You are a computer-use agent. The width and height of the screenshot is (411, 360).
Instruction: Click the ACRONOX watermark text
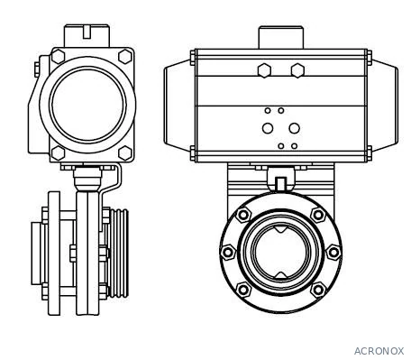pyautogui.click(x=379, y=351)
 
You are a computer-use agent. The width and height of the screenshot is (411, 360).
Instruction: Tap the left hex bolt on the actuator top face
pyautogui.click(x=264, y=70)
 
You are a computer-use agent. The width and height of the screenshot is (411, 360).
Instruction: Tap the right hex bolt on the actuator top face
pyautogui.click(x=297, y=70)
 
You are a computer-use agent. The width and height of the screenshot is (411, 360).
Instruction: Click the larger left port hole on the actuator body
pyautogui.click(x=268, y=128)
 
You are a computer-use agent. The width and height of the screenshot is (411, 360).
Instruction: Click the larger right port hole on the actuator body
pyautogui.click(x=294, y=128)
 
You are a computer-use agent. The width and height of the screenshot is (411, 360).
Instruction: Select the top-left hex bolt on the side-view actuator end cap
pyautogui.click(x=58, y=56)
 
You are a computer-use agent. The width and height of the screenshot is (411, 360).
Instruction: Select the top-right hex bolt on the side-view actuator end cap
pyautogui.click(x=125, y=56)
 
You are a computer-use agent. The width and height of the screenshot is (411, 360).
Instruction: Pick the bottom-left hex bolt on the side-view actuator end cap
pyautogui.click(x=58, y=153)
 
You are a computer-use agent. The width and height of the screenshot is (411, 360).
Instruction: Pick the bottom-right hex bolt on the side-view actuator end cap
pyautogui.click(x=125, y=153)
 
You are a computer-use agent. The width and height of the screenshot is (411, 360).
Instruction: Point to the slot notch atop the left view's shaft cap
pyautogui.click(x=87, y=32)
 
